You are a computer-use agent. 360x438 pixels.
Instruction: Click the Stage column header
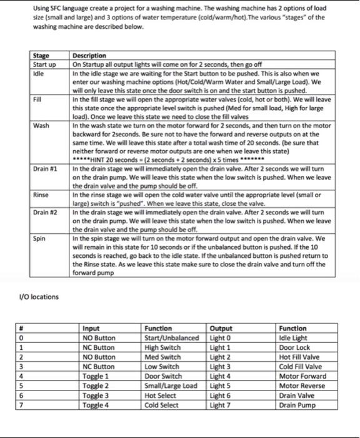(x=41, y=56)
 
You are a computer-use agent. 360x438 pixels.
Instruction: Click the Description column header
(x=89, y=56)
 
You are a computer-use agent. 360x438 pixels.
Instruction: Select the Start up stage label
(x=44, y=63)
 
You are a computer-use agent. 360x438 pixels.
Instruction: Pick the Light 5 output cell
(x=221, y=387)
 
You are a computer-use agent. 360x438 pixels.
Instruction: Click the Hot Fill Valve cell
(x=300, y=357)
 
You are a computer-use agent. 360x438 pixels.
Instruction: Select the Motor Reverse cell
(x=301, y=387)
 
